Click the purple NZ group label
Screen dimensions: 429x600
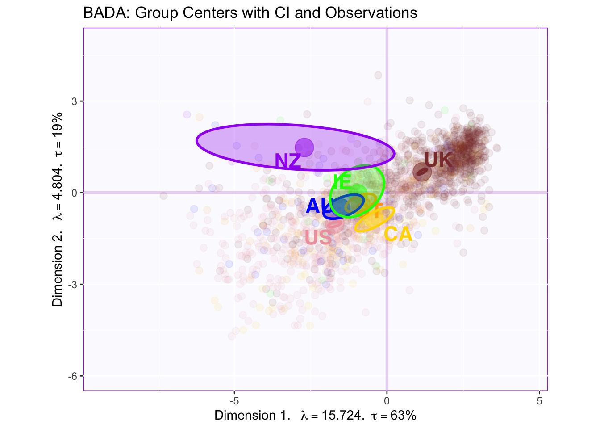[x=287, y=161]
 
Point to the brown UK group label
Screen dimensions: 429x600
[x=438, y=160]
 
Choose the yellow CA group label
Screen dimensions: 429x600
[x=398, y=234]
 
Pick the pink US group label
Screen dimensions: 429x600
[x=318, y=237]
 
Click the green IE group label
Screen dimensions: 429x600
[x=342, y=182]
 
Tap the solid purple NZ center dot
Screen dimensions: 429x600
[x=304, y=147]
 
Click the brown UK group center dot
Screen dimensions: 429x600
[x=422, y=172]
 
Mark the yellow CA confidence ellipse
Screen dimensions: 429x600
[x=374, y=219]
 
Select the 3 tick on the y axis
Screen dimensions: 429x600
[x=75, y=101]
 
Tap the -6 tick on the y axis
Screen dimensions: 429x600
[x=73, y=376]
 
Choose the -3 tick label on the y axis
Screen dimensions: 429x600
[x=73, y=285]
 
